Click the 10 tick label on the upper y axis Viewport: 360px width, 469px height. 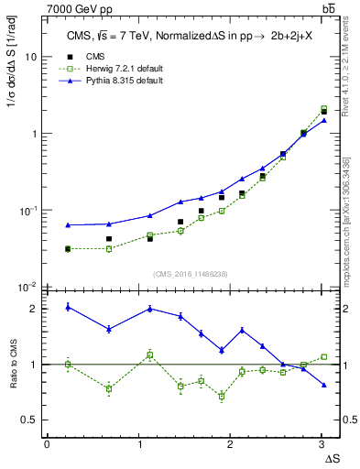pos(30,57)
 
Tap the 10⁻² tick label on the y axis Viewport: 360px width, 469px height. pos(27,287)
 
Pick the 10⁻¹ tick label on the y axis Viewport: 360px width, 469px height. pos(27,211)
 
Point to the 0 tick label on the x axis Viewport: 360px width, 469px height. pos(47,444)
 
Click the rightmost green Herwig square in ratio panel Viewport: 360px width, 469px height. pos(323,356)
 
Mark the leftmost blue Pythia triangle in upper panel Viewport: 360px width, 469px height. pos(68,224)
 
